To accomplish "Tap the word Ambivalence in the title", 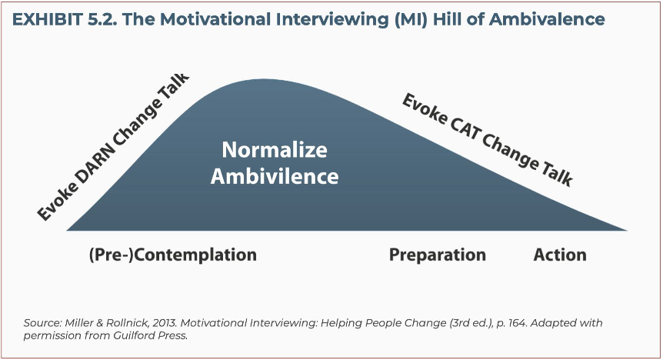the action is (x=547, y=19).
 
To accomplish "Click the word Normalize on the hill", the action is (x=275, y=150).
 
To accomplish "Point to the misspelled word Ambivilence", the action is (x=275, y=176).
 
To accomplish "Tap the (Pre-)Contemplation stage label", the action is (x=173, y=255).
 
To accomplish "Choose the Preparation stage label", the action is (x=437, y=255).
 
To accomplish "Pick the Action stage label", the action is (x=560, y=255).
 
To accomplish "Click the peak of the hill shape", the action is (x=263, y=79).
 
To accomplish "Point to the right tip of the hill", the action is (x=627, y=230).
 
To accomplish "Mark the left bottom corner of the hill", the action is (x=67, y=230).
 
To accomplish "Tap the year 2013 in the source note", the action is (x=165, y=323).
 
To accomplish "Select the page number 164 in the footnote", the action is (x=517, y=323).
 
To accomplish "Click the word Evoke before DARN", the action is (x=58, y=202).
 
